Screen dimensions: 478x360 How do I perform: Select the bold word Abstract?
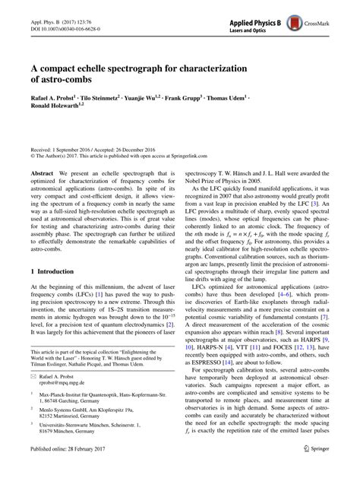39,174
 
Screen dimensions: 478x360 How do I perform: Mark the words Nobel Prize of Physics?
218,182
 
